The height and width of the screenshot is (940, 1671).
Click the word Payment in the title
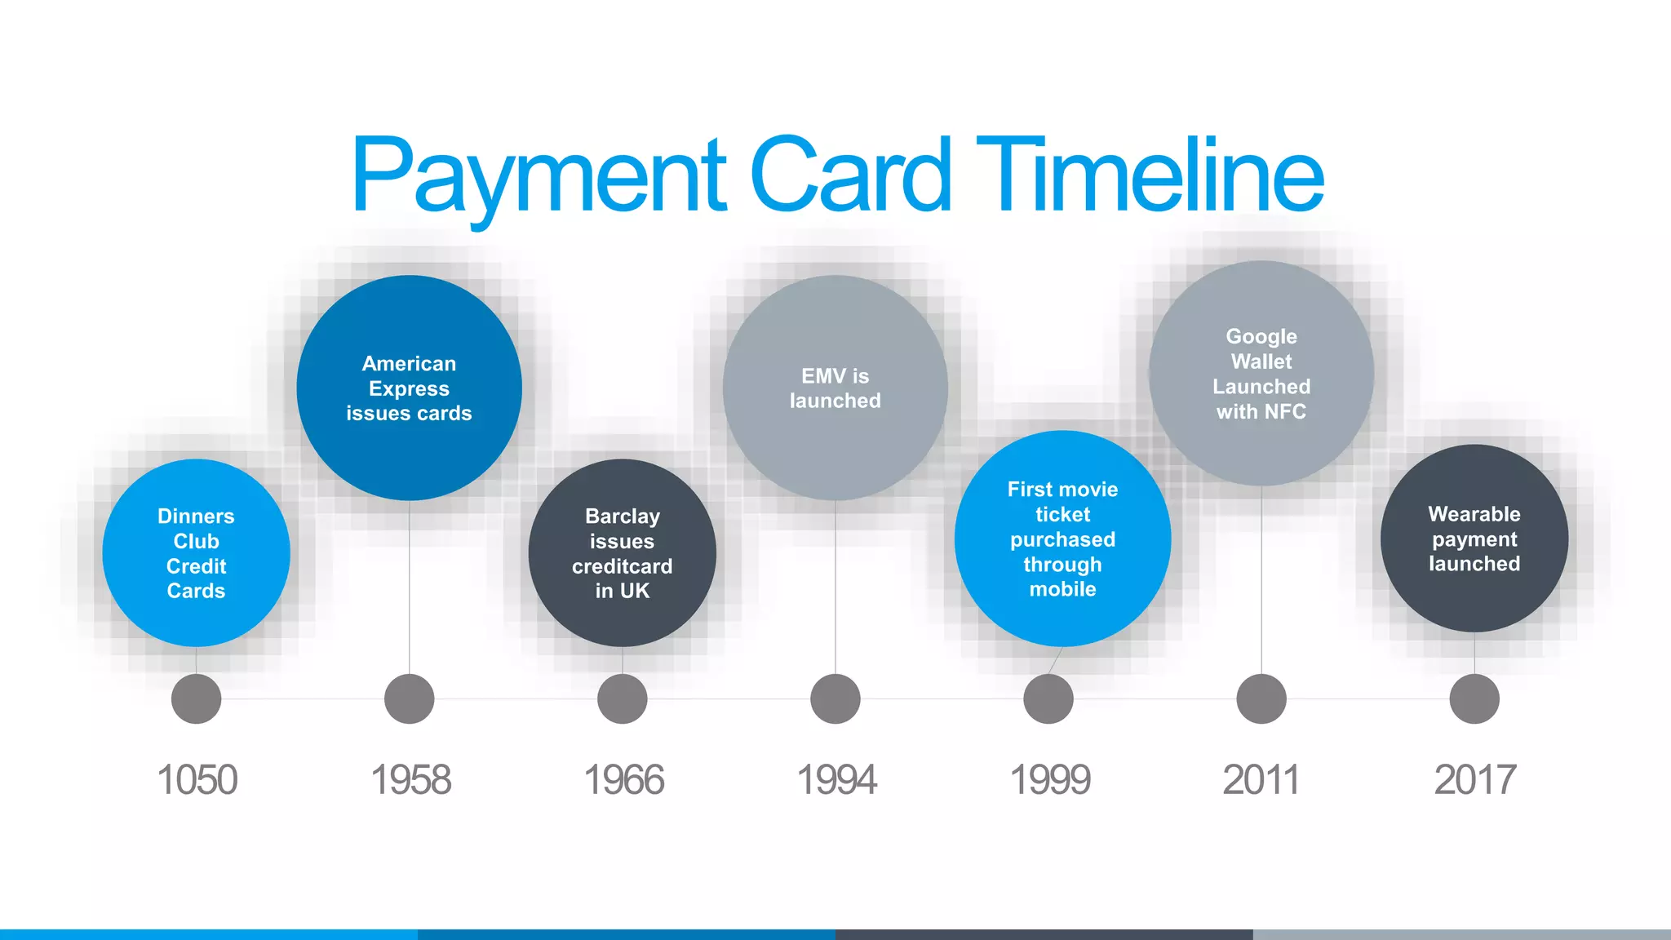coord(539,175)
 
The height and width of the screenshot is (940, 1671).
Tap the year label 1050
coord(197,779)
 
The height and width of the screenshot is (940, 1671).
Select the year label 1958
coord(410,779)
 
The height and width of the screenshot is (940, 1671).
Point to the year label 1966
coord(623,779)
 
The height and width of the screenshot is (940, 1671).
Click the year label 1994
coord(836,779)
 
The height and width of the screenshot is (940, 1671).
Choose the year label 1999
coord(1050,779)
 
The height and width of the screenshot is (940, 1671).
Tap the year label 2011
coord(1261,779)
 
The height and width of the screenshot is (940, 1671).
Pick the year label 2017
coord(1474,779)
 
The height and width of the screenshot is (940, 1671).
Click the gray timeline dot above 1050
coord(196,698)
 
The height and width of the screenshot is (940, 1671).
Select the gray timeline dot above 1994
coord(835,698)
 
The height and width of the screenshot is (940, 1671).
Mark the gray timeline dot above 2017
coord(1474,698)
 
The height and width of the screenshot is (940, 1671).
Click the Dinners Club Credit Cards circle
coord(196,553)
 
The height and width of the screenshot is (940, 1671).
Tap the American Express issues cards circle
coord(409,388)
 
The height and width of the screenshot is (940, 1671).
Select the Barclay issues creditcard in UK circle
coord(622,553)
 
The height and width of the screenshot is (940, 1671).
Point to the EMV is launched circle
coord(835,388)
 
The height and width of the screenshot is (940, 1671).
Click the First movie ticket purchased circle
coord(1062,539)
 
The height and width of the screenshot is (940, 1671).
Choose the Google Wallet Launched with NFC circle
coord(1261,373)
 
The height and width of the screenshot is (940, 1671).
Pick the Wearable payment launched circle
coord(1474,539)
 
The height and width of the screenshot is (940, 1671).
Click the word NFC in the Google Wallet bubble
coord(1285,412)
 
